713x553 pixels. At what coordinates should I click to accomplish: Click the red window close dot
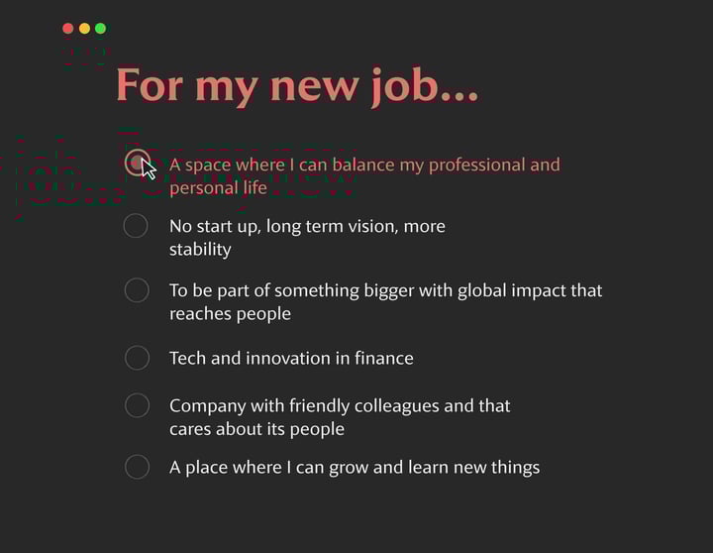tap(67, 28)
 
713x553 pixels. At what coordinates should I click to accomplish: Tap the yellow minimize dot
tap(84, 28)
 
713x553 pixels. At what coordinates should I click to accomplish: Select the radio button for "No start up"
tap(136, 226)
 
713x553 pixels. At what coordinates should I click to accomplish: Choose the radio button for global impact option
tap(136, 290)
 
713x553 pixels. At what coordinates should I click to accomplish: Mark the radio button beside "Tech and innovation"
tap(137, 358)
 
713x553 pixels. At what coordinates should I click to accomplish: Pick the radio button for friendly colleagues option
tap(137, 405)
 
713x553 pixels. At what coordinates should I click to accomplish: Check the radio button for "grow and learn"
tap(137, 467)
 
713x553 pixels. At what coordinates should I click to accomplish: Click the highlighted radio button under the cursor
tap(137, 162)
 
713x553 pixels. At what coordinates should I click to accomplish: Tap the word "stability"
tap(200, 250)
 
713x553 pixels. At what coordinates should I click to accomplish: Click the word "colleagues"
tap(389, 405)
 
